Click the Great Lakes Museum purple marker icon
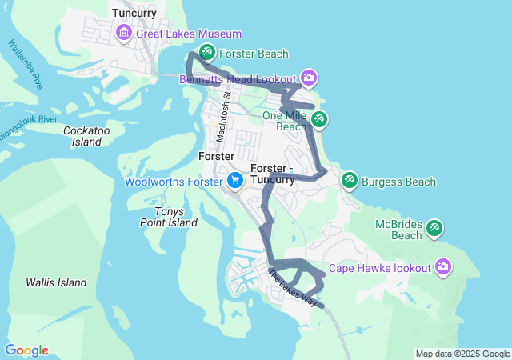pyautogui.click(x=125, y=33)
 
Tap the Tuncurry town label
pyautogui.click(x=134, y=13)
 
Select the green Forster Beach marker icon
pyautogui.click(x=206, y=54)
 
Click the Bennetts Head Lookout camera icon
pyautogui.click(x=309, y=78)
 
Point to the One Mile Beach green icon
pyautogui.click(x=318, y=119)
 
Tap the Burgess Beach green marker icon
pyautogui.click(x=350, y=181)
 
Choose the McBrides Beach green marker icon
pyautogui.click(x=434, y=228)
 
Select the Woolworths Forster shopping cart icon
pyautogui.click(x=234, y=181)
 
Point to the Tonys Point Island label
pyautogui.click(x=169, y=217)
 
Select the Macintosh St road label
pyautogui.click(x=227, y=112)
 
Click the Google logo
pyautogui.click(x=26, y=350)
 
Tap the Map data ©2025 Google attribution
pyautogui.click(x=462, y=354)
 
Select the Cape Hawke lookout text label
pyautogui.click(x=380, y=267)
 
